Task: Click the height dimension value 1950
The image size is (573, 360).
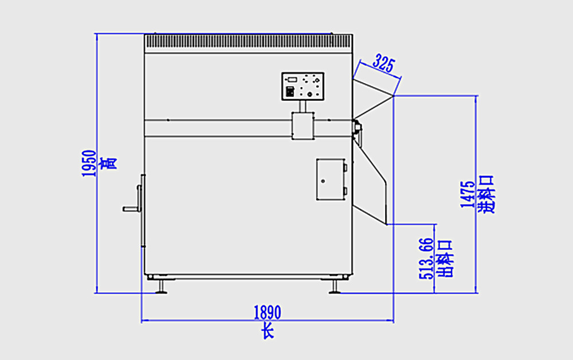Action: [88, 163]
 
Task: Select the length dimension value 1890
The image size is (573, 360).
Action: [267, 312]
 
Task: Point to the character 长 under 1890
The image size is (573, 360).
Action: [268, 331]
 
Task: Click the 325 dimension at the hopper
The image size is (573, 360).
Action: [383, 63]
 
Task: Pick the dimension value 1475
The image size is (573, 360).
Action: [467, 194]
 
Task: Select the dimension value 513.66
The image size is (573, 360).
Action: [426, 259]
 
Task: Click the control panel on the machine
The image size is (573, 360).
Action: [303, 87]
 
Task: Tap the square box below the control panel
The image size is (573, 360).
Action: [303, 126]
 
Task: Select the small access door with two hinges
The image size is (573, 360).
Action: [330, 179]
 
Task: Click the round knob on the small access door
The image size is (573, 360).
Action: [323, 181]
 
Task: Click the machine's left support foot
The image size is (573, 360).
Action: [160, 286]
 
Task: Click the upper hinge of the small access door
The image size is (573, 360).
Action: [346, 168]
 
